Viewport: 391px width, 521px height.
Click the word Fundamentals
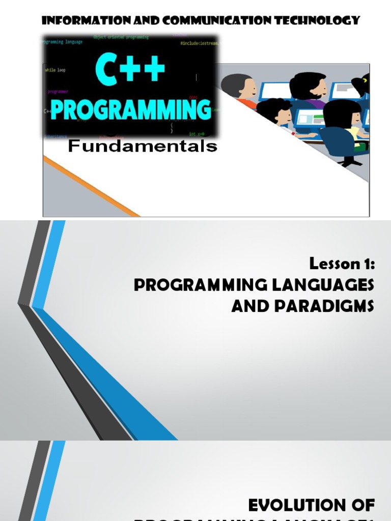click(x=143, y=147)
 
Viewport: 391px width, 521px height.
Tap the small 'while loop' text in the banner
click(x=55, y=70)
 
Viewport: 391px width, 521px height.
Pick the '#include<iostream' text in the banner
click(x=199, y=44)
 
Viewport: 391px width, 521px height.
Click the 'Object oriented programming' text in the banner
click(x=121, y=37)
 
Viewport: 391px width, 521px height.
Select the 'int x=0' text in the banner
click(x=197, y=134)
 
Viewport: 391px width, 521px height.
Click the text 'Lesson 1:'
click(x=342, y=264)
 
